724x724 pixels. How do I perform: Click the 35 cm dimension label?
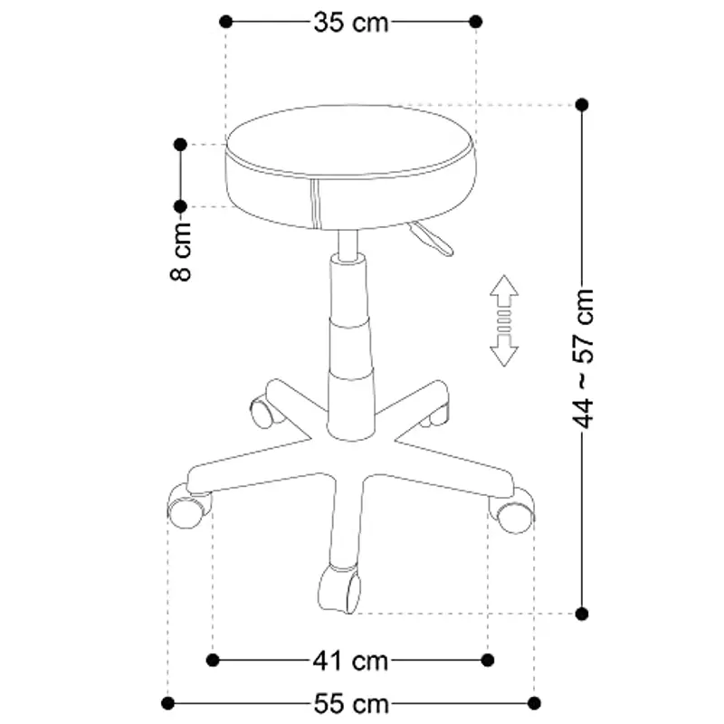coord(351,22)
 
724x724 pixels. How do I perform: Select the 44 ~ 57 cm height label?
coord(585,357)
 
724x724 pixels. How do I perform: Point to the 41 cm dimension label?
coord(352,661)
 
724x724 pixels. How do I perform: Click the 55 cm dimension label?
coord(352,703)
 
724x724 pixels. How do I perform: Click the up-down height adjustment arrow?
coord(504,321)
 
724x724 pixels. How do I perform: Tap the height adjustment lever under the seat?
coord(431,240)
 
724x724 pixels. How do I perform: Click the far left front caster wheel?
coord(187,509)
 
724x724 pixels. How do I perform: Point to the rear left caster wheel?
coord(264,412)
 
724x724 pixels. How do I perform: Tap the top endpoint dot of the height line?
coord(582,105)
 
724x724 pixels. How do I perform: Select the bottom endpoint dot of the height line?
coord(582,613)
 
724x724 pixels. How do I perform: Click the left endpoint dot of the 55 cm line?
coord(168,702)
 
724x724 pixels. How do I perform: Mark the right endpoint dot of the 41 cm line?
coord(489,660)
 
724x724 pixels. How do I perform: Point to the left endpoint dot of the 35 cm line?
coord(226,21)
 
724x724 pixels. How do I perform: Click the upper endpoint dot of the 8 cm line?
coord(180,144)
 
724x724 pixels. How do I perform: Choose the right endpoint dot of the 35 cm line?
coord(476,21)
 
